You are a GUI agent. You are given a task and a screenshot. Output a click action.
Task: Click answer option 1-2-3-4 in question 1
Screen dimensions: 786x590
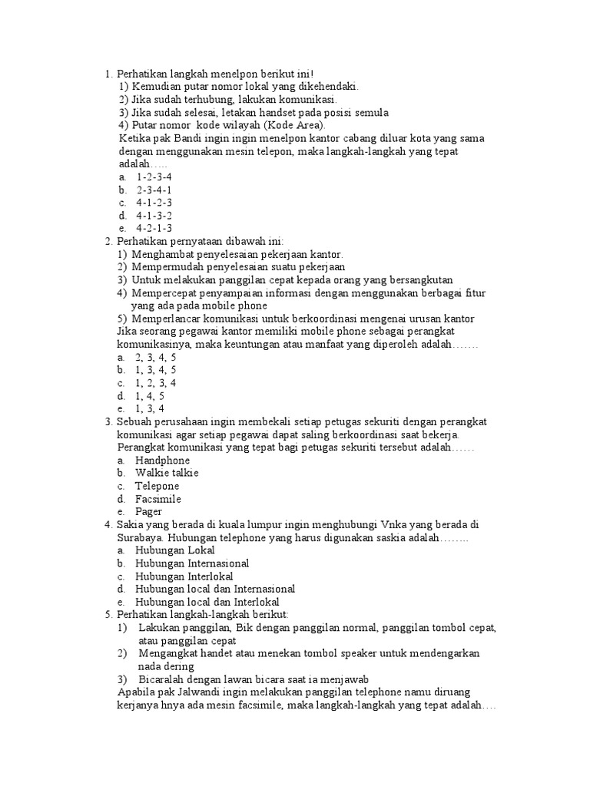[x=154, y=177]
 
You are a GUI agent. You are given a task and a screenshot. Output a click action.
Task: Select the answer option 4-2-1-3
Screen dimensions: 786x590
[x=154, y=228]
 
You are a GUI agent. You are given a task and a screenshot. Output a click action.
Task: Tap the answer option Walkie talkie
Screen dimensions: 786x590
[x=166, y=473]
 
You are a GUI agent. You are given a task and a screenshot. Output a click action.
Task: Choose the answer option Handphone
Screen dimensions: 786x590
[x=162, y=460]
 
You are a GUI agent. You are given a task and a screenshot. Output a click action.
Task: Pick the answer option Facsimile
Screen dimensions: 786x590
[x=157, y=499]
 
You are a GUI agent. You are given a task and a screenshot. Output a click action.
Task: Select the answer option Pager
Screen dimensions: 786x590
[x=148, y=511]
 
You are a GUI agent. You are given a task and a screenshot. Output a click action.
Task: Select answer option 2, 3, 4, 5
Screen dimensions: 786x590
[x=156, y=357]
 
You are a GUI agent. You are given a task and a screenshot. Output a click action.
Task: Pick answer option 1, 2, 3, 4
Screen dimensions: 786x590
[x=156, y=382]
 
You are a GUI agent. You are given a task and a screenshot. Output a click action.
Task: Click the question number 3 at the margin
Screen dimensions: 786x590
[x=108, y=421]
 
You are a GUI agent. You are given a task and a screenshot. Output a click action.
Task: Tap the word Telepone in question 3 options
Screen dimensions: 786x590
[x=157, y=486]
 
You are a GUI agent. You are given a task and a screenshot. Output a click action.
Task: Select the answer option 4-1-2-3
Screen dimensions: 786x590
[x=154, y=203]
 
